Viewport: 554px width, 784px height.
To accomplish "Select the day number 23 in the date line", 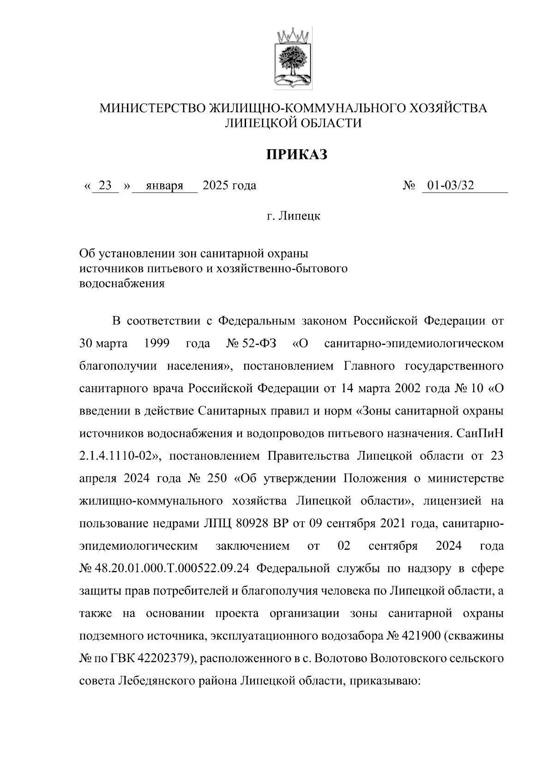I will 105,186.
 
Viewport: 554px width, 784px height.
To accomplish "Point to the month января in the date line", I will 164,186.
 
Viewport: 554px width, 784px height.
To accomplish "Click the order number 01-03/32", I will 450,186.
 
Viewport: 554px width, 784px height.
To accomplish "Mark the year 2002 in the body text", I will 406,389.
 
